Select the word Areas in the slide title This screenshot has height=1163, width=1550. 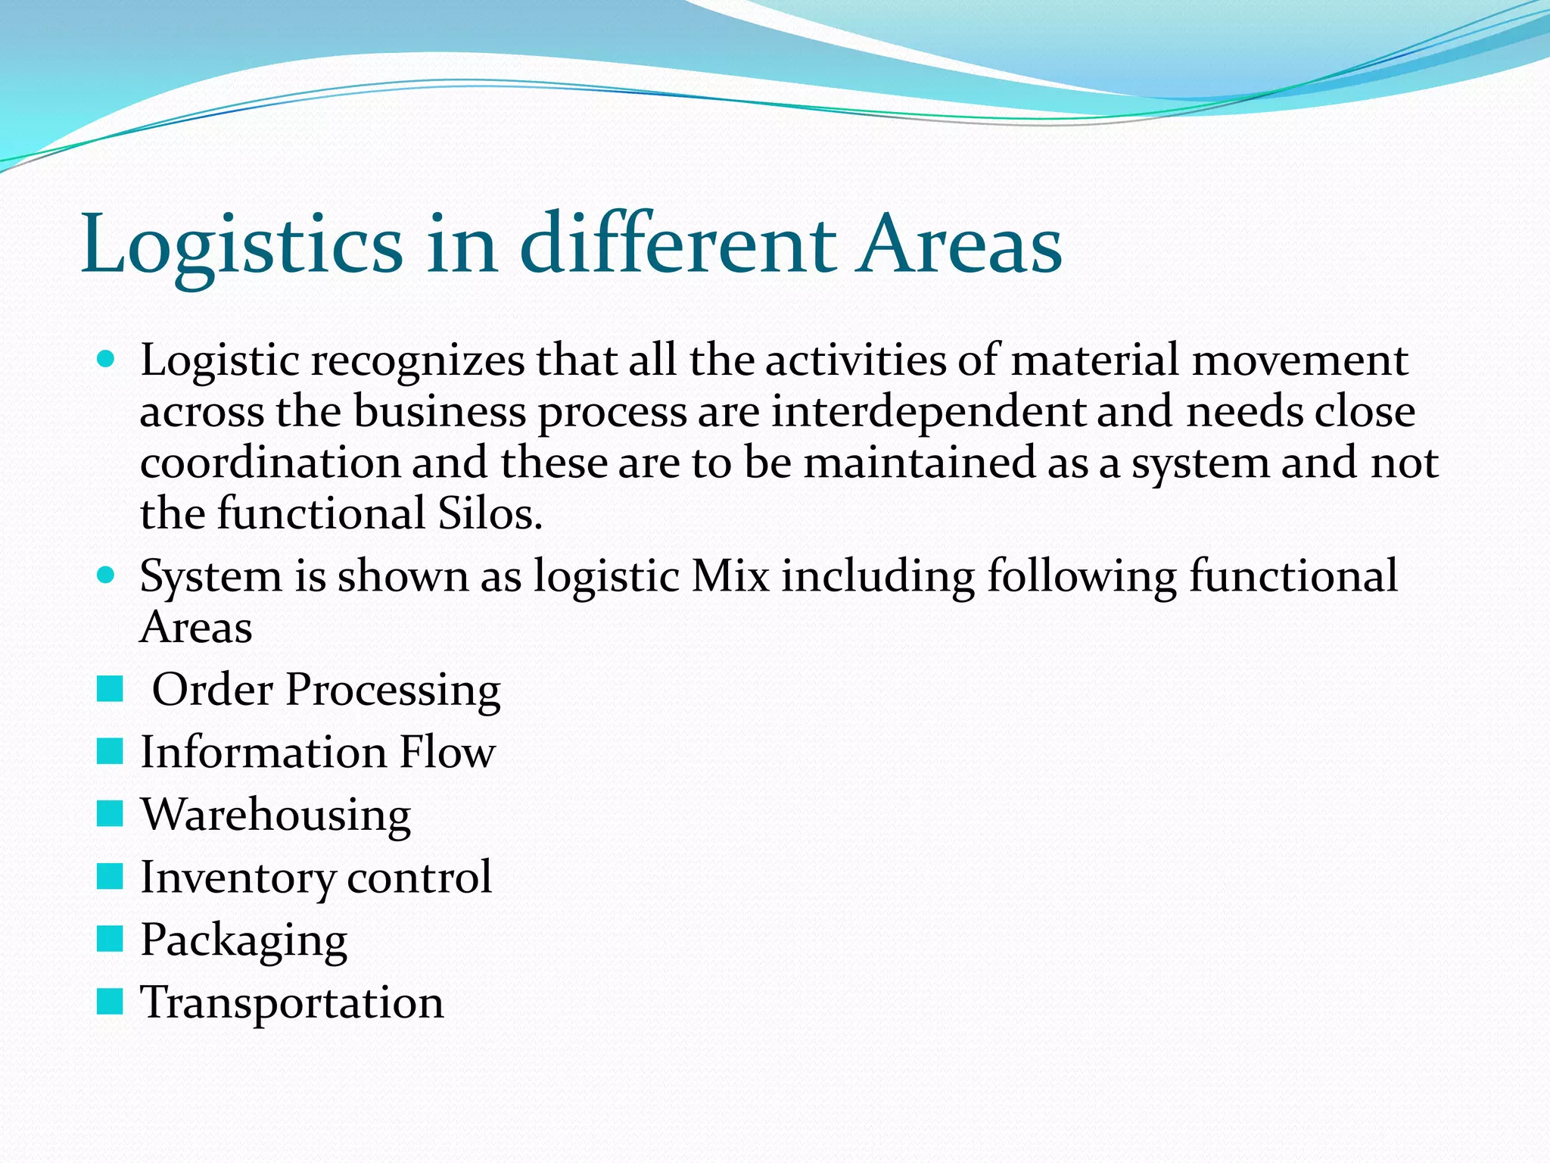click(x=959, y=244)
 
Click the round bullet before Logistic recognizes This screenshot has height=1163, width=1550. click(x=107, y=359)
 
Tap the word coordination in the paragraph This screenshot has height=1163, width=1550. click(x=270, y=463)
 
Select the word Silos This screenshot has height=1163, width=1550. click(x=489, y=514)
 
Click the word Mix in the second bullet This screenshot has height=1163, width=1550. click(x=730, y=576)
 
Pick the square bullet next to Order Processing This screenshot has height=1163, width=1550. click(x=110, y=689)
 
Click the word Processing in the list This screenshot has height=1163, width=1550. click(x=393, y=691)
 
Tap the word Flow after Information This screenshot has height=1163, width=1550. click(x=447, y=753)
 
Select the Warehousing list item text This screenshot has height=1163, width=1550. click(x=276, y=816)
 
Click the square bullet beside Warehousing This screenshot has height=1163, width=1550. click(x=110, y=814)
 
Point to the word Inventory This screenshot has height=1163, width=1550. click(x=238, y=878)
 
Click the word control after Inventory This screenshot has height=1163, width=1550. click(x=419, y=878)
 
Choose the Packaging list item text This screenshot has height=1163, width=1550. click(x=244, y=942)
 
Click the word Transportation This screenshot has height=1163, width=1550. click(x=292, y=1003)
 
